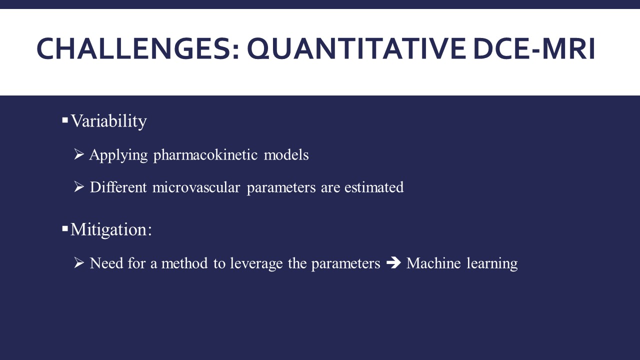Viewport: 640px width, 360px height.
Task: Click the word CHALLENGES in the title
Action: click(x=137, y=49)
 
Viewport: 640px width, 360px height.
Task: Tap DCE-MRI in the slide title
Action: click(x=534, y=48)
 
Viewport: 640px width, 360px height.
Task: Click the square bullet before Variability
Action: click(x=65, y=119)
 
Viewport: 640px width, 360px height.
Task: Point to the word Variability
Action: click(x=108, y=121)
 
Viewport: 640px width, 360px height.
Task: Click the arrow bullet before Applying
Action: click(x=79, y=154)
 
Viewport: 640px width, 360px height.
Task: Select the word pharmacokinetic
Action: click(x=205, y=155)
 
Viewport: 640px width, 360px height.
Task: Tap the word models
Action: click(x=286, y=155)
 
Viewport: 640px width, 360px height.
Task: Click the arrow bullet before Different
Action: click(x=79, y=186)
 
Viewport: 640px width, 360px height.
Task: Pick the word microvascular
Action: click(x=196, y=187)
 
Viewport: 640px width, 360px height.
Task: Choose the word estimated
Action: click(x=374, y=187)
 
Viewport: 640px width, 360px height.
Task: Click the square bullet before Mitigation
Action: click(x=65, y=228)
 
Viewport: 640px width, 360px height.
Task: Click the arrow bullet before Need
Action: click(x=79, y=262)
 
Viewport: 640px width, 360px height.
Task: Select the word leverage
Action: click(x=256, y=263)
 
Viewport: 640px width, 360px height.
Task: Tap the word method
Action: click(x=184, y=263)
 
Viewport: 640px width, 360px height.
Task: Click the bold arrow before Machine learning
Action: click(x=393, y=262)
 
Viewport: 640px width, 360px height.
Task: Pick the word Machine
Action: click(x=433, y=263)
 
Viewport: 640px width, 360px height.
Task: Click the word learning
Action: click(x=492, y=263)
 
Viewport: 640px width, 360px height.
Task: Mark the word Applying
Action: click(x=118, y=155)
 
